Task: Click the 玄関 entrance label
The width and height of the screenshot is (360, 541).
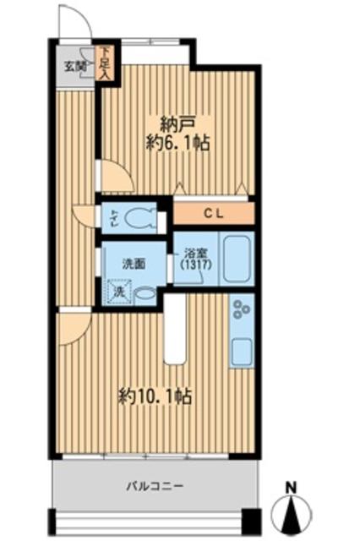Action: coord(74,65)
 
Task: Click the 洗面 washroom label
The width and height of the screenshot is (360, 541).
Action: coord(132,263)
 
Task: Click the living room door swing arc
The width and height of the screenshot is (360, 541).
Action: coord(74,325)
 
